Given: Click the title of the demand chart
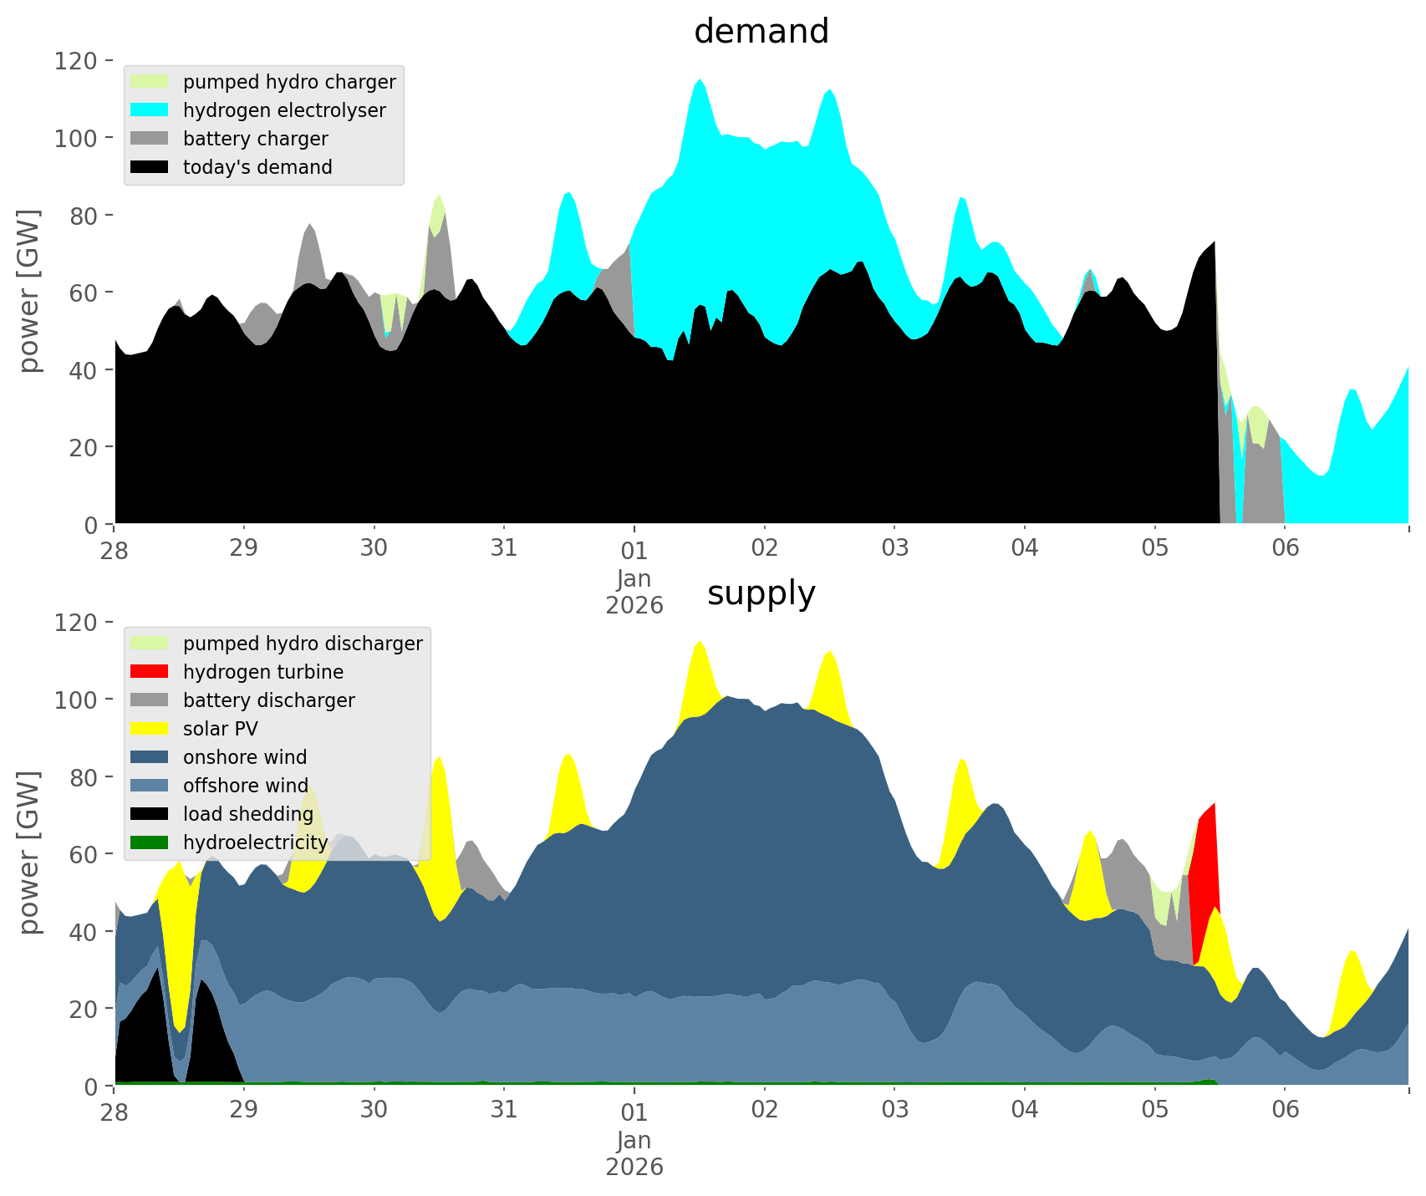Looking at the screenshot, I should [x=761, y=32].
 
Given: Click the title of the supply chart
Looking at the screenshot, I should [x=761, y=593].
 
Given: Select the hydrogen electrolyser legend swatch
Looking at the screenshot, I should [x=150, y=110].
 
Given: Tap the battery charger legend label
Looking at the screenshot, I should [x=255, y=139].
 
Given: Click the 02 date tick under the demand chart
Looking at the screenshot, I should [x=764, y=549].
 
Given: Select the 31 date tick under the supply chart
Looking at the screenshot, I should [x=504, y=1111].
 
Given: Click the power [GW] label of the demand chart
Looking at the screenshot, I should [x=29, y=291].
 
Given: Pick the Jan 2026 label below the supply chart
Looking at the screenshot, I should [x=634, y=1153].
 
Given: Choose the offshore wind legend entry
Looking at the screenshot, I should [x=245, y=786].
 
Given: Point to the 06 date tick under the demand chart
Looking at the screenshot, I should [x=1285, y=549].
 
